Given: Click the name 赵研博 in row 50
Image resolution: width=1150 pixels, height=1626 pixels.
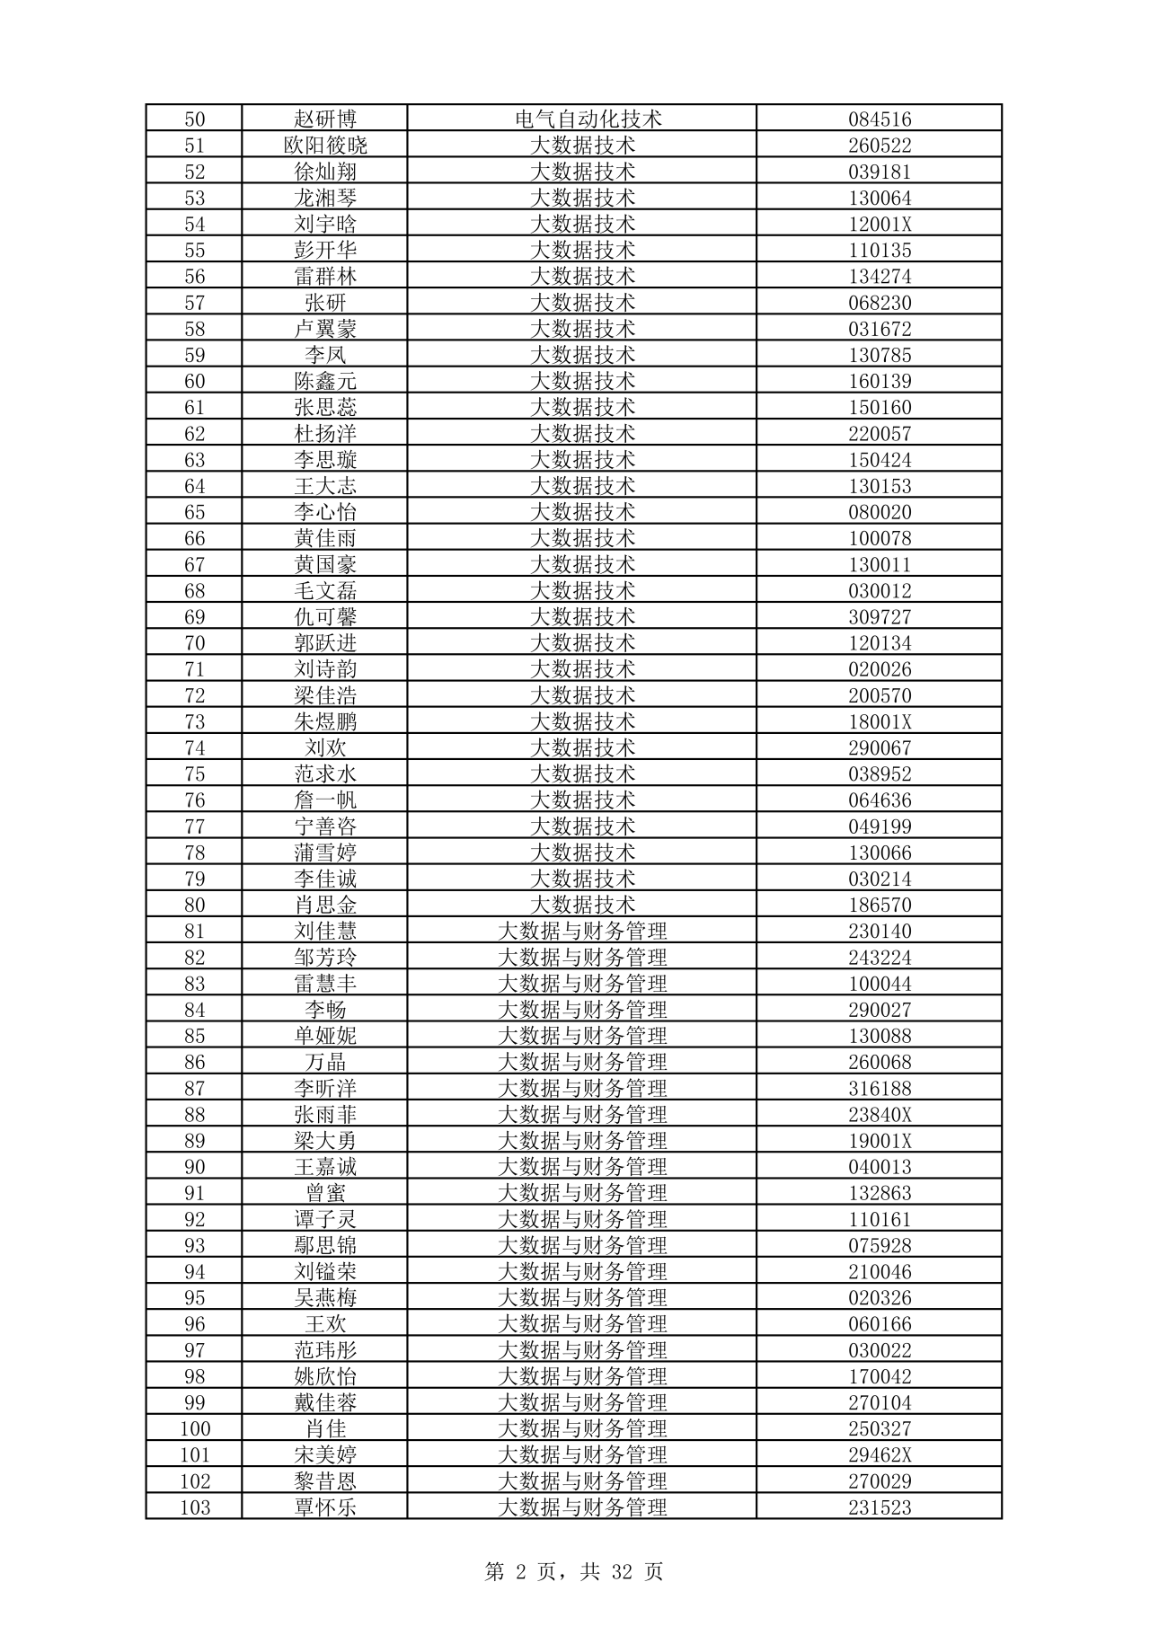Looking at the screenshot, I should [325, 119].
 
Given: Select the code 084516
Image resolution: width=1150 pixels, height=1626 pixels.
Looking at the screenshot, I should [880, 119].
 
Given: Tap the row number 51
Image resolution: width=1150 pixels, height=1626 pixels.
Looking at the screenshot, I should [194, 146].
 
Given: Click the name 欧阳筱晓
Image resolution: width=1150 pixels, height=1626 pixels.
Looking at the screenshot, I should [325, 146].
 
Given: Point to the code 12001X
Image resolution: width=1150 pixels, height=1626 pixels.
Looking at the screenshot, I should [880, 224].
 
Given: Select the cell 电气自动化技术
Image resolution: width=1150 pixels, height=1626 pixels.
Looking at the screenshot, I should [582, 119].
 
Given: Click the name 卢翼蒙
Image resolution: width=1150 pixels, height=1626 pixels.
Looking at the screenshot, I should [325, 329].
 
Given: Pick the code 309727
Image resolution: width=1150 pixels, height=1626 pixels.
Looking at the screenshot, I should [880, 617].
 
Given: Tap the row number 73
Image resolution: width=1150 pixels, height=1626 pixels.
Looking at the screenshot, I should [194, 721].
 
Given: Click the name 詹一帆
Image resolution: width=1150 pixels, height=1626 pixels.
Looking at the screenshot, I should [325, 800].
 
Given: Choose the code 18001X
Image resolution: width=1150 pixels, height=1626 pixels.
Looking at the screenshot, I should [880, 721].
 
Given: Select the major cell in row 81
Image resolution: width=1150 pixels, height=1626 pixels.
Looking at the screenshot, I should [582, 932].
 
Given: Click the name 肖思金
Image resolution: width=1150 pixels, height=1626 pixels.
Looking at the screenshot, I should [325, 905].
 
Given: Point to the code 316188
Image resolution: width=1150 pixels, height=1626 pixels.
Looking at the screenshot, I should [880, 1089].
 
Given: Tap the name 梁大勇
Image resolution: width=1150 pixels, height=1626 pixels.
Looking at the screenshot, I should [325, 1141].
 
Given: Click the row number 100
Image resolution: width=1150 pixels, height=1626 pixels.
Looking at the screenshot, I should [194, 1428].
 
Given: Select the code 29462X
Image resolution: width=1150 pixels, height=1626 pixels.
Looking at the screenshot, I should [880, 1454].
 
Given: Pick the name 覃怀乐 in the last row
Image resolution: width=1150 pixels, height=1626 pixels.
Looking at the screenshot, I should [325, 1507].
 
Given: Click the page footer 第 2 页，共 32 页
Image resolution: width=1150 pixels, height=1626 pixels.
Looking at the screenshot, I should [574, 1571].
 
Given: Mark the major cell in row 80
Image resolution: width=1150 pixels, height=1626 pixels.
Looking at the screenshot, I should [582, 905].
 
